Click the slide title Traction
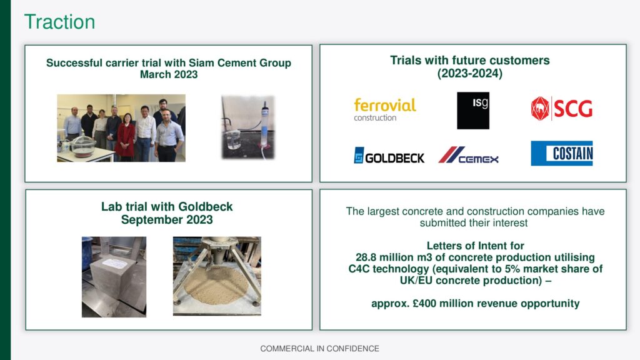click(59, 22)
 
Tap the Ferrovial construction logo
click(385, 109)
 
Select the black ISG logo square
click(473, 111)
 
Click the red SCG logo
click(562, 109)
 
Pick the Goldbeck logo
click(389, 156)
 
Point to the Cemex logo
click(469, 155)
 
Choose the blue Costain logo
click(562, 153)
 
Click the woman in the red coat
click(125, 137)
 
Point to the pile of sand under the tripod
click(216, 284)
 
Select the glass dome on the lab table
click(83, 146)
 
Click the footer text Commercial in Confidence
click(319, 349)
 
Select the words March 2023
click(169, 75)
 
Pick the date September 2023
click(167, 219)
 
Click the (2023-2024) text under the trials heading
click(470, 74)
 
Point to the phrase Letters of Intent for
click(476, 246)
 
